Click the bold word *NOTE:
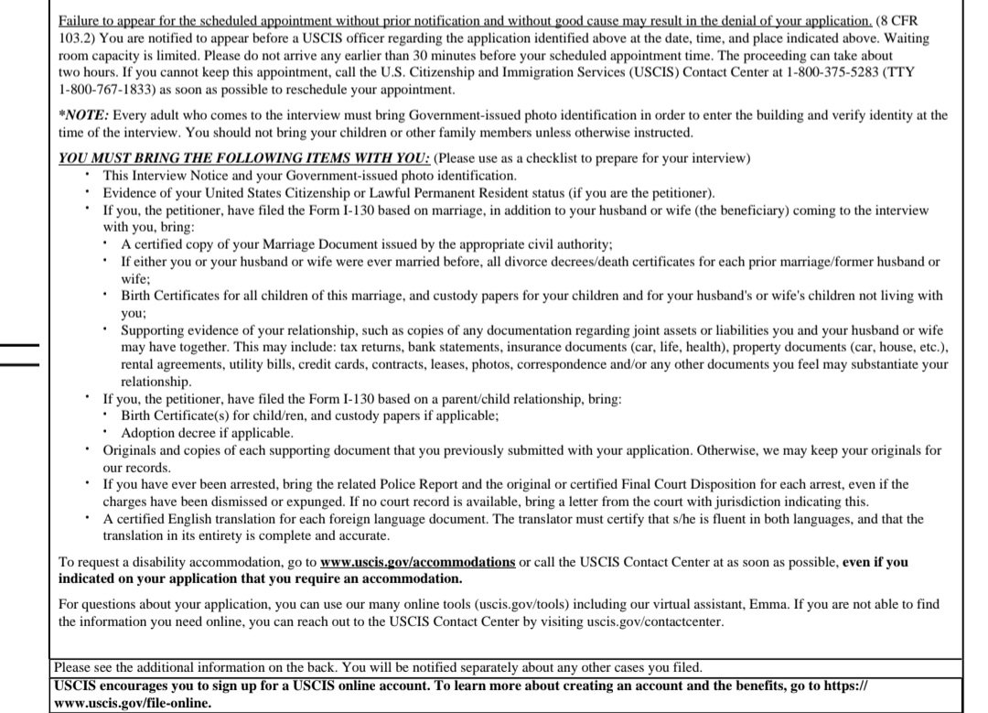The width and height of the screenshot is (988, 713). pos(83,115)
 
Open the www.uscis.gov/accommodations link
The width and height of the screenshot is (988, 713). pos(417,562)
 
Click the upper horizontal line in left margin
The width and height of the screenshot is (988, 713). pos(19,346)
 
